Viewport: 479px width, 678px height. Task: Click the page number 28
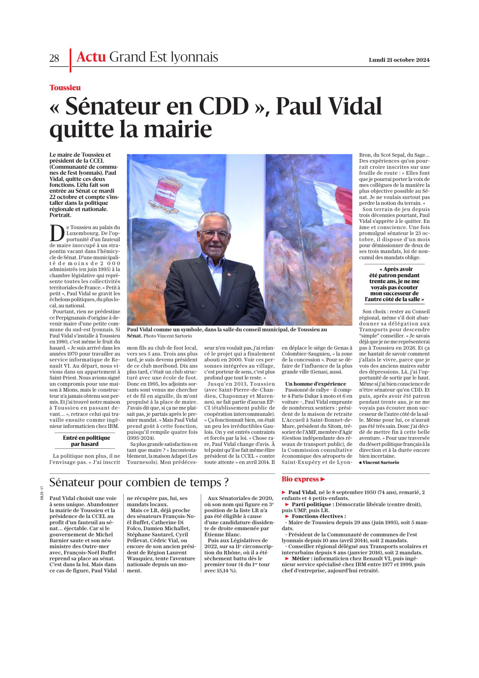pyautogui.click(x=54, y=58)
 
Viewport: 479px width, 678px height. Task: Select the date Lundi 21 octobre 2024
pyautogui.click(x=399, y=60)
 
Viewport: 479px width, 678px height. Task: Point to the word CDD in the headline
pyautogui.click(x=224, y=107)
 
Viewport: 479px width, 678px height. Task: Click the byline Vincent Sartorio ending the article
pyautogui.click(x=380, y=463)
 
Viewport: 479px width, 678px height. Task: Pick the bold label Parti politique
pyautogui.click(x=313, y=504)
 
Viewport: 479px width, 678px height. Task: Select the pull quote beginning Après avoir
pyautogui.click(x=394, y=284)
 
